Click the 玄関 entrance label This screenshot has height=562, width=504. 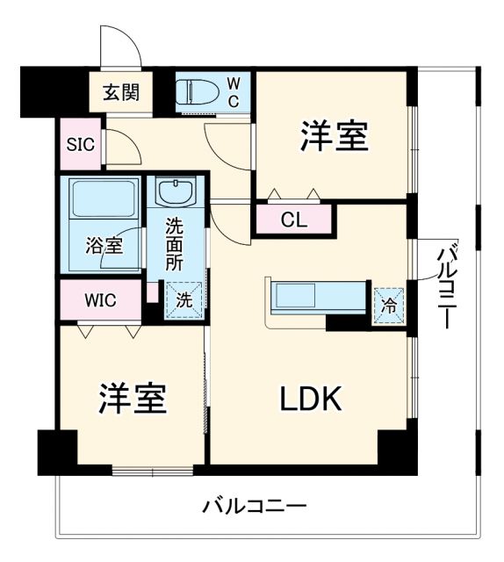117,90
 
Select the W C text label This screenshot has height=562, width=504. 234,90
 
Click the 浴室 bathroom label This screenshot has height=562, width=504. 103,246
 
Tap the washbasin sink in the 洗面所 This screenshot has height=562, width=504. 178,192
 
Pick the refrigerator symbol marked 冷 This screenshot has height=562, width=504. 387,306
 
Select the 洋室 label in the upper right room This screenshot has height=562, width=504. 334,136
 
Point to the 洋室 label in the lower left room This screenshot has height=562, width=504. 132,400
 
